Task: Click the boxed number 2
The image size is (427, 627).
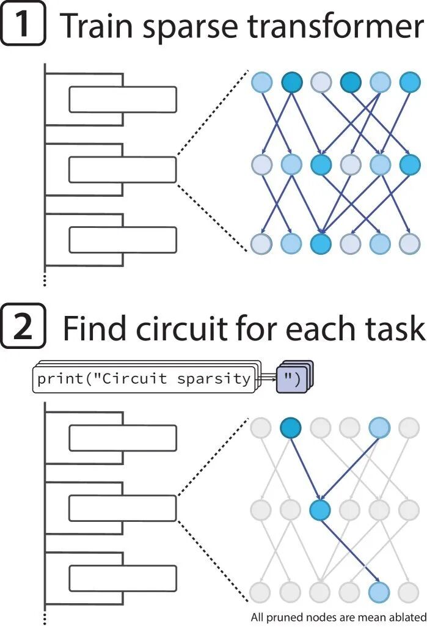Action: point(23,327)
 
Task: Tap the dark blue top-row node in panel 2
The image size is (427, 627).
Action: point(291,428)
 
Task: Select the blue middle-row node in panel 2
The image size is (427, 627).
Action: point(320,510)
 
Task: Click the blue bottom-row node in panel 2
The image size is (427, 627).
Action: point(379,591)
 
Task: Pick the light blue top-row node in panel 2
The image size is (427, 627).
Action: point(379,428)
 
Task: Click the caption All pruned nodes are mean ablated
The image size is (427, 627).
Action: point(338,617)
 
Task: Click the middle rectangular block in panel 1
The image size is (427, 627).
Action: point(122,170)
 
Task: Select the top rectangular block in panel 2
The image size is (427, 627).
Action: point(122,438)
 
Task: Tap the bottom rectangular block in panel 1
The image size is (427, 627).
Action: point(122,240)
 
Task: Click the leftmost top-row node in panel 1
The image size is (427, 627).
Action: point(261,81)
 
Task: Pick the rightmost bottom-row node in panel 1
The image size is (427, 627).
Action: point(409,243)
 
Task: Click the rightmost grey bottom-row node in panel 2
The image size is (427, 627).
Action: point(409,591)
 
